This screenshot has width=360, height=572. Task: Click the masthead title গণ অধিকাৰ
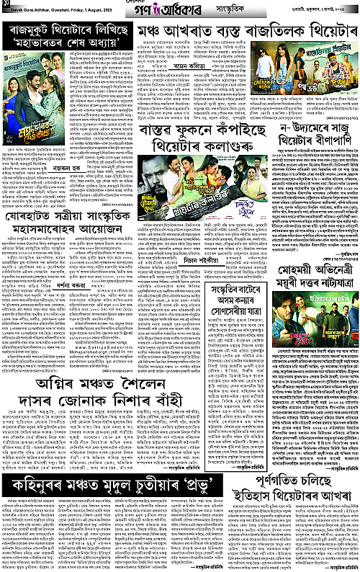pyautogui.click(x=172, y=12)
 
